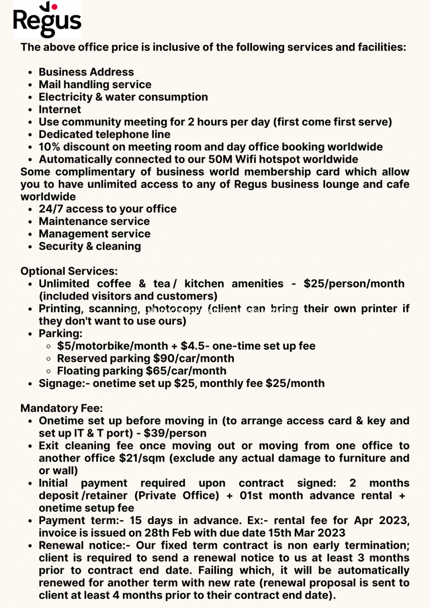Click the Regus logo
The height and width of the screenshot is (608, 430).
click(47, 20)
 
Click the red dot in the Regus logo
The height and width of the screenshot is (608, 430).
click(54, 7)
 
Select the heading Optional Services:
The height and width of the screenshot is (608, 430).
click(69, 271)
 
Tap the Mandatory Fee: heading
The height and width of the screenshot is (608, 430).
click(62, 408)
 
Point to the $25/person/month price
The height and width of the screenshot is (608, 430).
click(354, 284)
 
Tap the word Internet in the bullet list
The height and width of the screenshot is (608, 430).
click(60, 109)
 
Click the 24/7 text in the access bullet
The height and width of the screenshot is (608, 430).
click(51, 209)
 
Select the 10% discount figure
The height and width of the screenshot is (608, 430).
click(49, 147)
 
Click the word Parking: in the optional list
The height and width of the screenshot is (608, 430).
click(60, 334)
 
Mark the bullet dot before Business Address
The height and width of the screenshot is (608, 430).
click(30, 73)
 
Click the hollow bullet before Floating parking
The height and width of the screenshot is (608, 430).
click(49, 371)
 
